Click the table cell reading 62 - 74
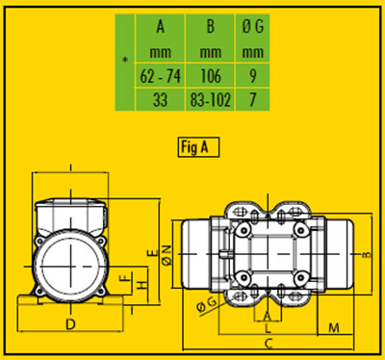[x=160, y=76]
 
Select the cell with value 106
[x=210, y=76]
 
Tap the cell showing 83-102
[x=210, y=99]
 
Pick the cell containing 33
[x=160, y=99]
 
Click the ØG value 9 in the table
[x=253, y=76]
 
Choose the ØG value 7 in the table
[x=253, y=99]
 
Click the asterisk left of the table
[x=126, y=61]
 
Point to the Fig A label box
[x=198, y=147]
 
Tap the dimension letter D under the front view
[x=70, y=324]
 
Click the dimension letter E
[x=153, y=252]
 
